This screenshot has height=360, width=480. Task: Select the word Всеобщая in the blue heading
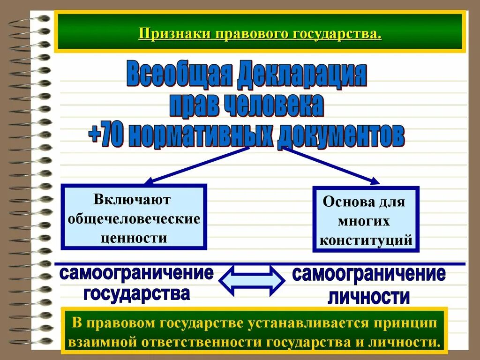click(x=180, y=76)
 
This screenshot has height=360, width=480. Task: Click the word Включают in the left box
click(x=133, y=200)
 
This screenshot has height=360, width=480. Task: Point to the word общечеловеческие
click(x=134, y=219)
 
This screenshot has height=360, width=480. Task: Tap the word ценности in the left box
click(x=134, y=238)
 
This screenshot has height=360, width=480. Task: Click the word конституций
click(x=366, y=240)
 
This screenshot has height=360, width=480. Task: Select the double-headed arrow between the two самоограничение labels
click(x=252, y=280)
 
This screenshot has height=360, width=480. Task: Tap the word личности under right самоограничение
click(x=368, y=297)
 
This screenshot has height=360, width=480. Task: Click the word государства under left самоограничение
click(x=136, y=294)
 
